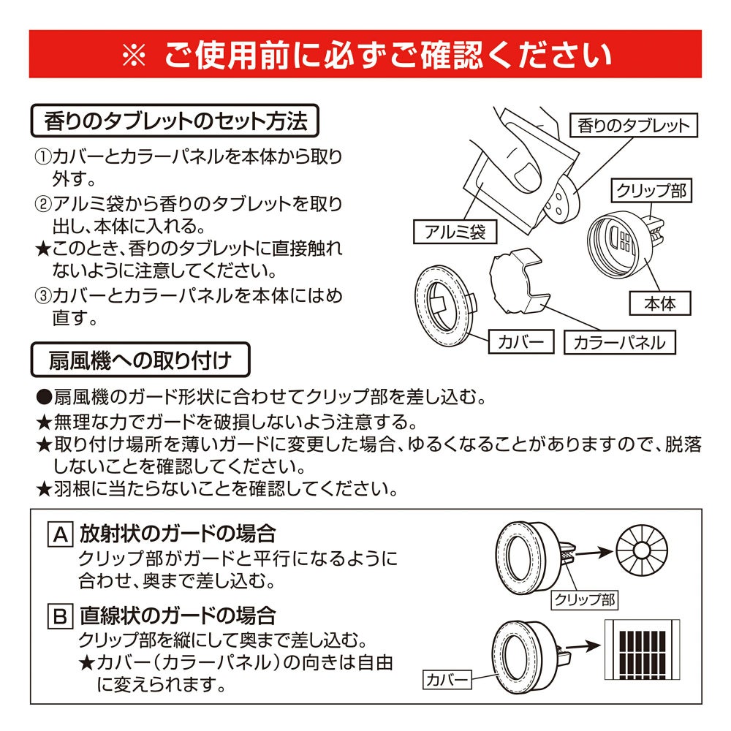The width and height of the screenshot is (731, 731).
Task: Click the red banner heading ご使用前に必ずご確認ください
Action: pos(365,54)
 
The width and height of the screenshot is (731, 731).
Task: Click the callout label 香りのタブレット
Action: pos(633,126)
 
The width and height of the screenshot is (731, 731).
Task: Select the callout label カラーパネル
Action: pos(620,342)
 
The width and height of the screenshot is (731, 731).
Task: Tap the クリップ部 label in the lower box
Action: pos(585,600)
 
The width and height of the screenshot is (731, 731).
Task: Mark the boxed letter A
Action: pos(58,535)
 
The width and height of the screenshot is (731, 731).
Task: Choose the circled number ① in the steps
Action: pos(42,157)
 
